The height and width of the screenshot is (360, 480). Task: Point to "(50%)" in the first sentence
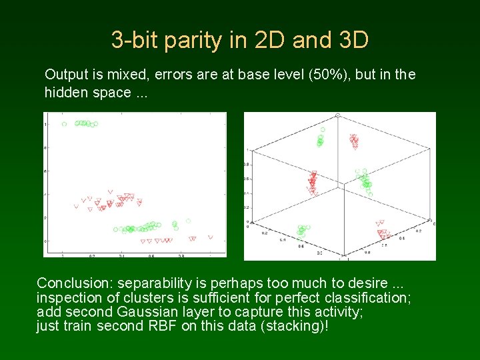[x=327, y=75]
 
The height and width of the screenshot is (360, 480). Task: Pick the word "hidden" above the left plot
[x=65, y=92]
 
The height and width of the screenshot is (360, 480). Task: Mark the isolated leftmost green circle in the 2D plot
[x=64, y=124]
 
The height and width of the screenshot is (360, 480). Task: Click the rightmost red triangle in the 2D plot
[x=210, y=237]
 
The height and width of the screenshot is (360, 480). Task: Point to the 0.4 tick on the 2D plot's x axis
[x=121, y=255]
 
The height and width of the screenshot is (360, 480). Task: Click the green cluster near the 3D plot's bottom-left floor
[x=303, y=231]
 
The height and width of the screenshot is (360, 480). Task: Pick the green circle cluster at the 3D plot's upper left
[x=321, y=139]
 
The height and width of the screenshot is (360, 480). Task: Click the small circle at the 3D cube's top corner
[x=338, y=116]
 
